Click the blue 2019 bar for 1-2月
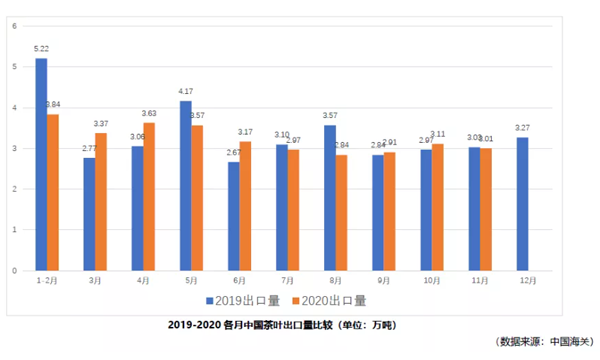coord(41,164)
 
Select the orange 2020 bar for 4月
coord(149,197)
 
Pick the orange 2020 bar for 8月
coord(342,213)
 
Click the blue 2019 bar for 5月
coord(185,185)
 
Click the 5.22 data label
coord(42,48)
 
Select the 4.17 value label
coord(186,91)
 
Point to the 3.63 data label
coord(149,113)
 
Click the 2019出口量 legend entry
coord(241,300)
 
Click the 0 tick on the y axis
coord(15,271)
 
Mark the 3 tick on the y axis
coord(15,148)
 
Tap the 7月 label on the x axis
coord(287,280)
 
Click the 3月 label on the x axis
coord(94,280)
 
